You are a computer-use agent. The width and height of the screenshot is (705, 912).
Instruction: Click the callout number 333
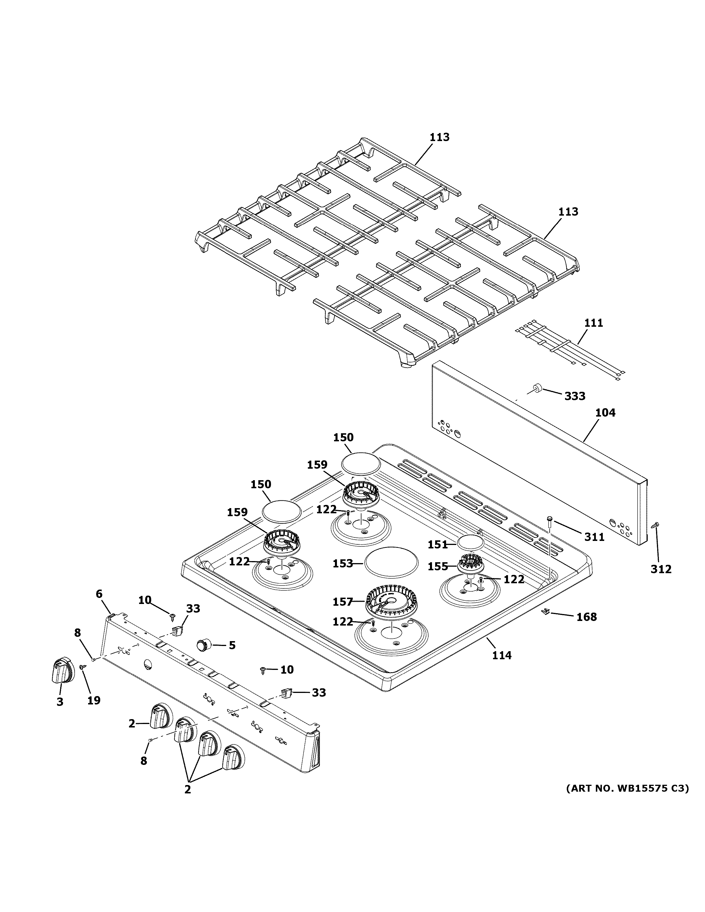click(x=575, y=396)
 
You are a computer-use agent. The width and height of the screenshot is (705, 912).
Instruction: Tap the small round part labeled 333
click(x=536, y=388)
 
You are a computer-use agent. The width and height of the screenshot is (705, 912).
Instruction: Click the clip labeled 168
click(x=545, y=612)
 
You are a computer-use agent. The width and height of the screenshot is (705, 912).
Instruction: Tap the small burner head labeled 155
click(x=470, y=564)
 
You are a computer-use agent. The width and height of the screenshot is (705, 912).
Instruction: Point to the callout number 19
click(x=94, y=700)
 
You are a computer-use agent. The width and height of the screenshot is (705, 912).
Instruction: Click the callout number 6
click(x=99, y=594)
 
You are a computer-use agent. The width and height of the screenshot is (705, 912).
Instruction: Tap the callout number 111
click(x=594, y=323)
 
